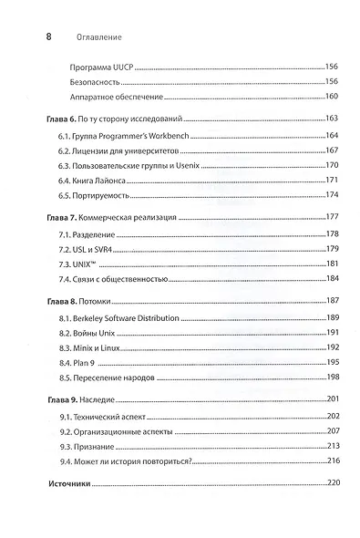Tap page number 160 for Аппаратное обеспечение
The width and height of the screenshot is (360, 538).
point(332,98)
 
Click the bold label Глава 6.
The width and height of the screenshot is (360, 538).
point(59,120)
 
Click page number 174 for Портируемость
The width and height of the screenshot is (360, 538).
point(332,195)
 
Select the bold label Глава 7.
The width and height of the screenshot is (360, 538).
point(59,218)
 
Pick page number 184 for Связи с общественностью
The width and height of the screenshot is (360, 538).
point(332,278)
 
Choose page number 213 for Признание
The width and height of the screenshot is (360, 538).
point(332,445)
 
